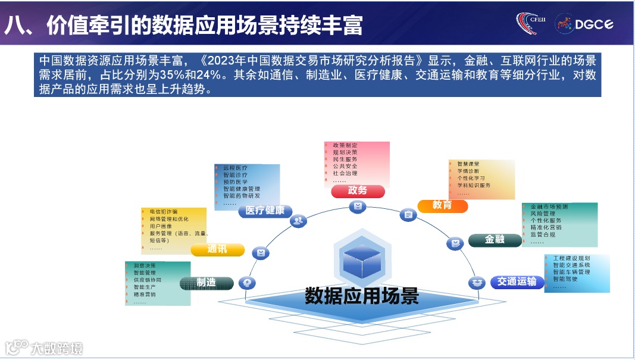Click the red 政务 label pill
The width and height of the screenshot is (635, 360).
tap(358, 191)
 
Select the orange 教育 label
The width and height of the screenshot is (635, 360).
tap(442, 205)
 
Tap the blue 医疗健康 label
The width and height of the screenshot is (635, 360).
tap(265, 211)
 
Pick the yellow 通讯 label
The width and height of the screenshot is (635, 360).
tap(217, 250)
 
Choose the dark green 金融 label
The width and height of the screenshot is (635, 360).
tap(495, 240)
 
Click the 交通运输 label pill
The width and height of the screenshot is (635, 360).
tap(517, 281)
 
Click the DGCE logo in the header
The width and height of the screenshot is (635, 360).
tap(584, 24)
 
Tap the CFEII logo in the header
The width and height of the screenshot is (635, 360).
tap(531, 23)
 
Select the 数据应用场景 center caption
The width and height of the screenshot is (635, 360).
tap(362, 296)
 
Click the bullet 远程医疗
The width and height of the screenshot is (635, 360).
tap(235, 168)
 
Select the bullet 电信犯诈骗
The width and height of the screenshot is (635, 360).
tap(164, 212)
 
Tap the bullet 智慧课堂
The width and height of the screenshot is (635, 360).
tap(468, 164)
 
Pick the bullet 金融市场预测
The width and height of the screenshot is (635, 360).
tap(549, 206)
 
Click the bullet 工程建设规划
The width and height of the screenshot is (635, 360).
tap(571, 258)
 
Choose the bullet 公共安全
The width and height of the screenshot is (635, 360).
tap(345, 167)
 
